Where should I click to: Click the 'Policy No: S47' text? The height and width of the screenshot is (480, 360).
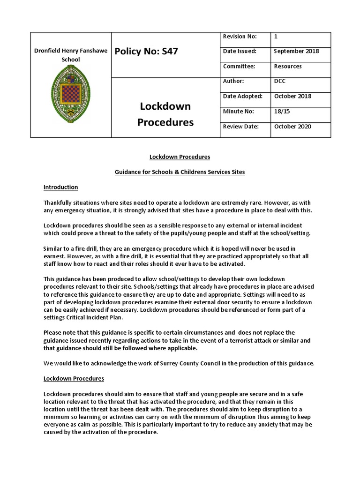click(146, 51)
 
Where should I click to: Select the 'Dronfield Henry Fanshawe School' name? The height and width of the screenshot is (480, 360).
click(71, 55)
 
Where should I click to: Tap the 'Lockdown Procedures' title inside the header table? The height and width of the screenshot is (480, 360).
click(165, 114)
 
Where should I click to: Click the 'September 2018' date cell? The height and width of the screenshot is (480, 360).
click(296, 51)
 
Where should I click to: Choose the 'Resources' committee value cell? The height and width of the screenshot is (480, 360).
click(288, 66)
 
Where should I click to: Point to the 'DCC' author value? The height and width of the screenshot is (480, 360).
click(280, 81)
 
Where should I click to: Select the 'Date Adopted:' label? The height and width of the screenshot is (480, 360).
click(243, 96)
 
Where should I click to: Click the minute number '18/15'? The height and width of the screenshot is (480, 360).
click(282, 111)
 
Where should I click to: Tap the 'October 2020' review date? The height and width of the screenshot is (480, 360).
click(292, 126)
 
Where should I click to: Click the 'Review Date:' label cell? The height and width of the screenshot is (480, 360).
click(240, 126)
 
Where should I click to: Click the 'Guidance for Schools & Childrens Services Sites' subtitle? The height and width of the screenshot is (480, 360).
click(180, 172)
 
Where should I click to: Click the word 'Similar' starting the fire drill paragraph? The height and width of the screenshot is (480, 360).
click(54, 248)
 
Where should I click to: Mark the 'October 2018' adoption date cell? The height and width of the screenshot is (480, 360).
click(292, 96)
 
